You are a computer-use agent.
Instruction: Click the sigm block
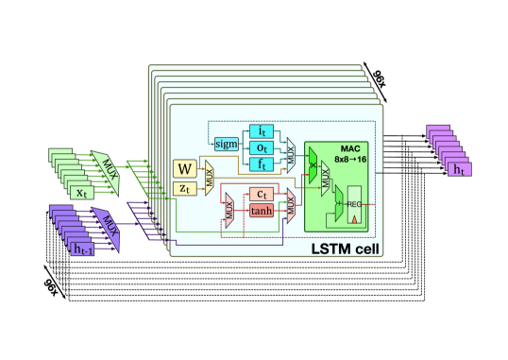coord(227,144)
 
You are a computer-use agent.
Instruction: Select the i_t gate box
coord(261,130)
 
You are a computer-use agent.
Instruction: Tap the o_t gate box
coord(261,147)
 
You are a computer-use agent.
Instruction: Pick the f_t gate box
coord(261,164)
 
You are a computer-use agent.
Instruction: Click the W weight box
coord(185,170)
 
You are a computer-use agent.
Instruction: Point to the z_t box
coord(185,189)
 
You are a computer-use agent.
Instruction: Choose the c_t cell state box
coord(261,195)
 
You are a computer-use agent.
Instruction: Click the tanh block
coord(261,211)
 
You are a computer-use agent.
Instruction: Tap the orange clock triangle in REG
coord(355,220)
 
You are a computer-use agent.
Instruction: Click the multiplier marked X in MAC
coord(313,163)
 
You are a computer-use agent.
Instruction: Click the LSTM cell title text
coord(345,249)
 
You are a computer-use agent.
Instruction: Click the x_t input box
coord(82,192)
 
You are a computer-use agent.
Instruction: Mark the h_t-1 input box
coord(83,248)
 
